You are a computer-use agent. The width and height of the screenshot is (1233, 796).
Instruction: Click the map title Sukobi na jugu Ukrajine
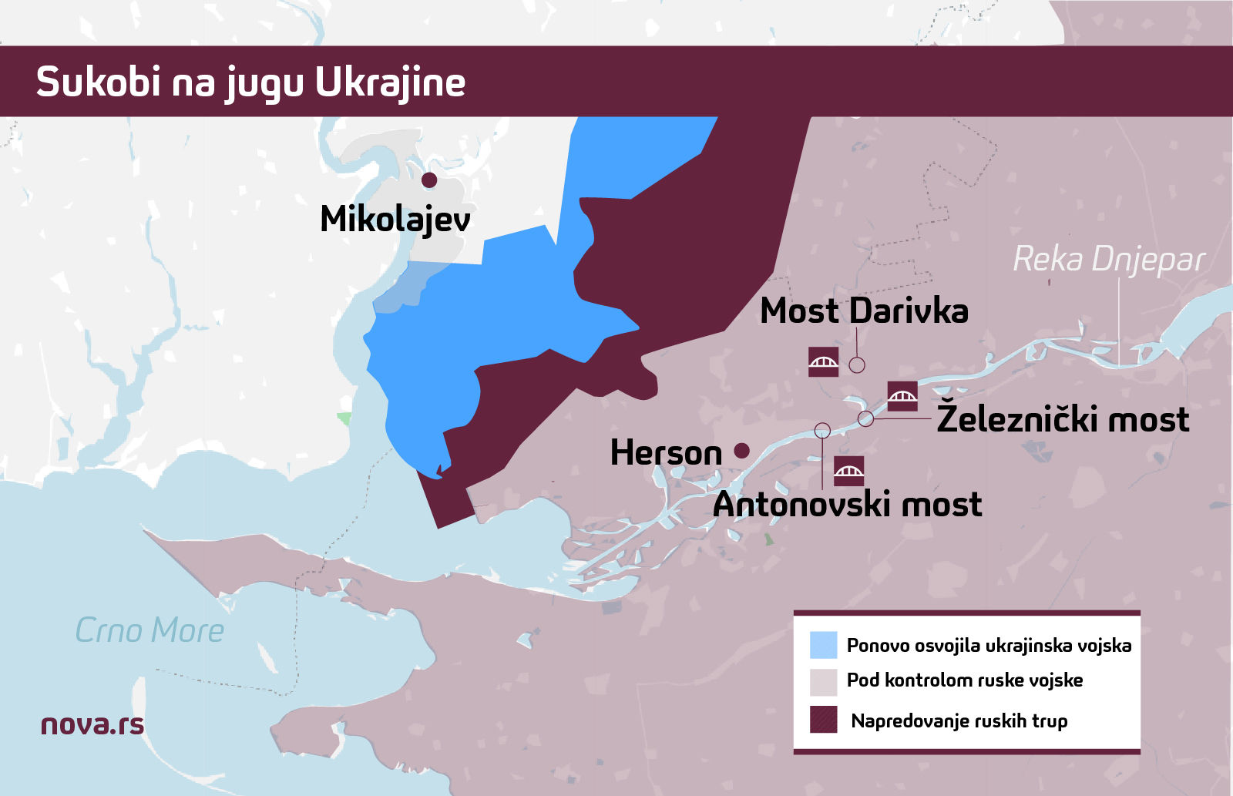250,82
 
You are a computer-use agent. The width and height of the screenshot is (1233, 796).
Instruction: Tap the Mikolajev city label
395,220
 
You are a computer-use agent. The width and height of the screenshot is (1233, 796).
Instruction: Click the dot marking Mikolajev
429,180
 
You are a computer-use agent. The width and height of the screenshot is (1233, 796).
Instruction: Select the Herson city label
666,453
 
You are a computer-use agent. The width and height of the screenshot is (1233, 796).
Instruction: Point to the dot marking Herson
741,451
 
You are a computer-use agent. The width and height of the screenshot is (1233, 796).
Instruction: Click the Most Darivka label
864,311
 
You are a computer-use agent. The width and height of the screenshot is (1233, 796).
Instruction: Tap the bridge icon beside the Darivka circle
823,361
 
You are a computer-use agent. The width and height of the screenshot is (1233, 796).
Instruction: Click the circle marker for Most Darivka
857,364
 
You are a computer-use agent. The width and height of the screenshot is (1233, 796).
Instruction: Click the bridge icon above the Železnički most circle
902,396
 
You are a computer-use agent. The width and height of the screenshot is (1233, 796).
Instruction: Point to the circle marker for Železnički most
865,418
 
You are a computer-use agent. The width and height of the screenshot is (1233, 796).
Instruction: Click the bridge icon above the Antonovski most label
848,471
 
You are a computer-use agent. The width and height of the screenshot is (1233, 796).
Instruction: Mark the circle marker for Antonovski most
822,430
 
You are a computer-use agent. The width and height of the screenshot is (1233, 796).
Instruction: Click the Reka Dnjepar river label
1108,260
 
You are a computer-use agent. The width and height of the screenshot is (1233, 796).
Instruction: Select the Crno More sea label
150,631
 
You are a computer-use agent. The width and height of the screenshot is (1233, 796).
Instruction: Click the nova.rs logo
92,725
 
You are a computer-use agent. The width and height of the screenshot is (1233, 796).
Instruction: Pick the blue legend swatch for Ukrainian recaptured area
823,645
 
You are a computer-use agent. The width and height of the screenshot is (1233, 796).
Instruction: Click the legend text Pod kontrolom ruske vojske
964,680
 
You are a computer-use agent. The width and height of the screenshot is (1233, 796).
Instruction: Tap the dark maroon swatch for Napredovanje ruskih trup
823,719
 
